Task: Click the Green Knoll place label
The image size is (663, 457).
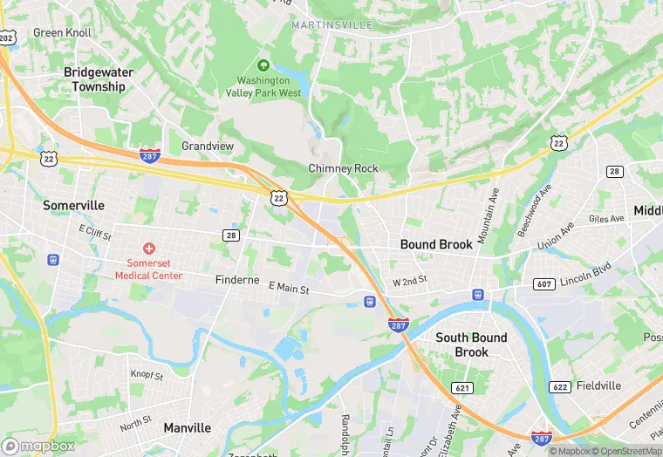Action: pos(61,32)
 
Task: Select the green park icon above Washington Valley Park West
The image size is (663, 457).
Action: pos(263,65)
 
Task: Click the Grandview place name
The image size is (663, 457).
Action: pos(208,146)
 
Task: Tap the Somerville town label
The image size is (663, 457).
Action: pos(73,205)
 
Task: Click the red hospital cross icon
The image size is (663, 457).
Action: pos(149,249)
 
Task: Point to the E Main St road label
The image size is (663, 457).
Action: pos(290,286)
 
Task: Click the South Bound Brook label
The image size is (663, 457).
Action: pos(472,344)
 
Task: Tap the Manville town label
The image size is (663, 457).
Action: pos(188,428)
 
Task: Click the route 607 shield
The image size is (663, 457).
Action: pos(544,284)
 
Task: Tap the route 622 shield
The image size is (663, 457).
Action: pos(560,386)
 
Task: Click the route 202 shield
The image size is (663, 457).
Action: pos(7,38)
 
